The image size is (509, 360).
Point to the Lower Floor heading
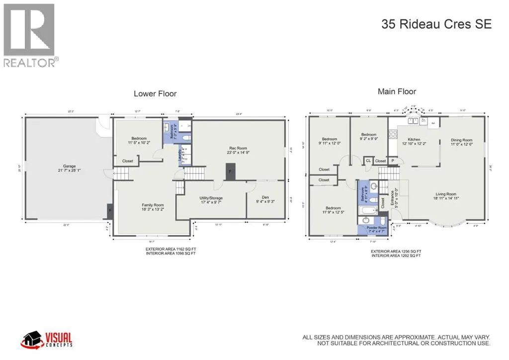(155, 93)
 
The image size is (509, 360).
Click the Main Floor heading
(397, 91)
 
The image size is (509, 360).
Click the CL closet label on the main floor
(368, 161)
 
